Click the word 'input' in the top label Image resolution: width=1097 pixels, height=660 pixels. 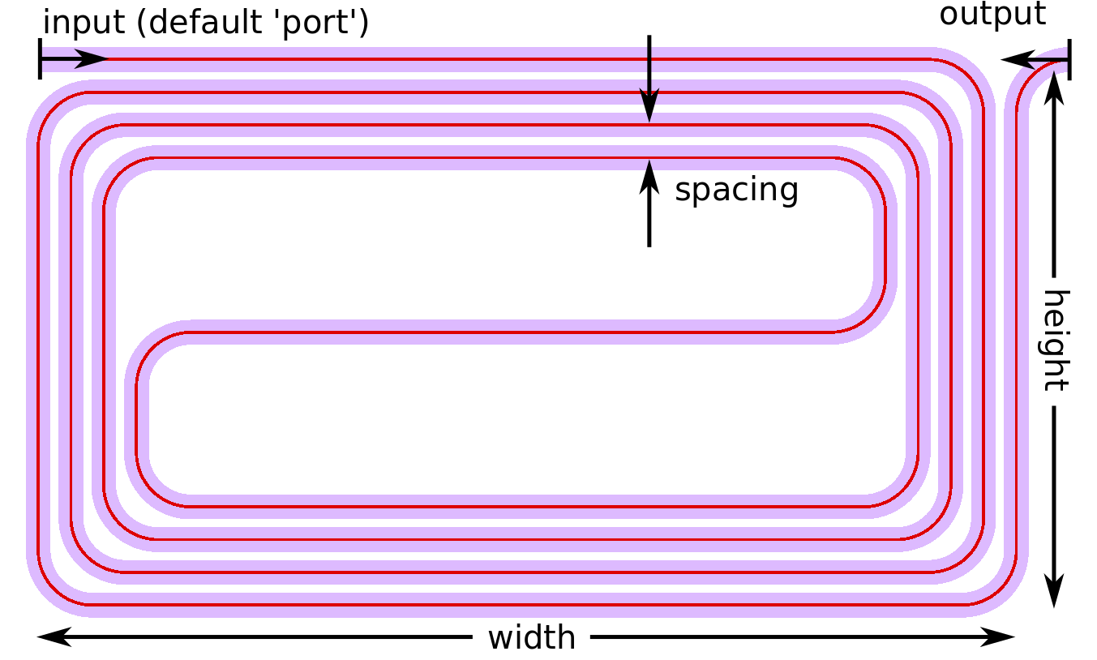(84, 23)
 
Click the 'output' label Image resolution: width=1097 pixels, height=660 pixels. (992, 15)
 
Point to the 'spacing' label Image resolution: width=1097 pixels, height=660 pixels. (736, 191)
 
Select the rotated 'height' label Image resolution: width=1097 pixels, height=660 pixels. (1054, 341)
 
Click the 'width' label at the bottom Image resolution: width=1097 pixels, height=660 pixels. (532, 637)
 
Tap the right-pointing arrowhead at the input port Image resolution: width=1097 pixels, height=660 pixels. (91, 59)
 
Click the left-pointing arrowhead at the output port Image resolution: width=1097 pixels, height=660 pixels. (1018, 60)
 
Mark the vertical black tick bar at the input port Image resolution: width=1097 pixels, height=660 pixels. (40, 58)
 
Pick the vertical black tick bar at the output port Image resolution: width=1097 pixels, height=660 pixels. (1069, 60)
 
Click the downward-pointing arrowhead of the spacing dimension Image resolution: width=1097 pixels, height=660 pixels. (649, 105)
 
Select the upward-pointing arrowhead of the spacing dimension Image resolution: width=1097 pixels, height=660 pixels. (649, 177)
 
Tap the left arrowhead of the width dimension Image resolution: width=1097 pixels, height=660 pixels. (54, 637)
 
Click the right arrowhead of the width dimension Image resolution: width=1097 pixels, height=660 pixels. (997, 637)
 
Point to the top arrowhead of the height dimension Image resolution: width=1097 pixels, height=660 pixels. (1054, 88)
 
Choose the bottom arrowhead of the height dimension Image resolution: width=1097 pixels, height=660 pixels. (1054, 591)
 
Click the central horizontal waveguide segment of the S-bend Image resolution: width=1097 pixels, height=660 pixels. (509, 332)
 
